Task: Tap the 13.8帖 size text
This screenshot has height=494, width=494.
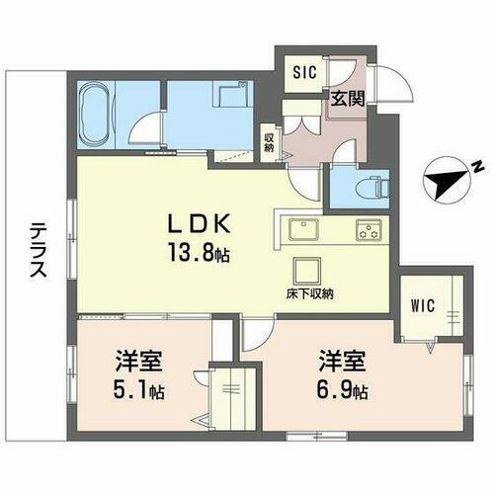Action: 197,254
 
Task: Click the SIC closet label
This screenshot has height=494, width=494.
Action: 303,71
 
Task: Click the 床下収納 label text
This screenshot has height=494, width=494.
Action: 311,293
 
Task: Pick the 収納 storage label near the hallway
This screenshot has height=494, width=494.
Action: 268,142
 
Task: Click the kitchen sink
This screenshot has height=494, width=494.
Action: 301,232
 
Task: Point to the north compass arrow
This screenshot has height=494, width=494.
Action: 440,180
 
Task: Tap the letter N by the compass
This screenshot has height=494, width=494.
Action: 475,164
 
